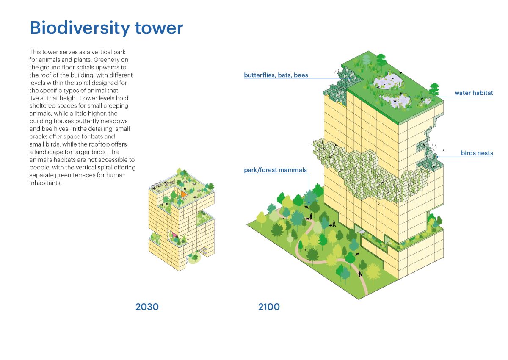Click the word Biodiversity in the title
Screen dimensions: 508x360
80,28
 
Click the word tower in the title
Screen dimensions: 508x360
159,28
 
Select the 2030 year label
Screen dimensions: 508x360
147,307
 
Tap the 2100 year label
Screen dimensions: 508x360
269,307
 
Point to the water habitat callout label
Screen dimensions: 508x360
474,93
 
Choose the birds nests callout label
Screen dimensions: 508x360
477,153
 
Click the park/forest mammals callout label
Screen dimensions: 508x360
275,170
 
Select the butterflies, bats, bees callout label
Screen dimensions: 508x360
276,75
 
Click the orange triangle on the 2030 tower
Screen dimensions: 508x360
183,194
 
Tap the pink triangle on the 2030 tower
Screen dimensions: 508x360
174,235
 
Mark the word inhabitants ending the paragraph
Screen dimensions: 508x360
46,183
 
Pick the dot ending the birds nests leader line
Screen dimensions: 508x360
437,157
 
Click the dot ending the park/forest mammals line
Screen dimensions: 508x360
309,202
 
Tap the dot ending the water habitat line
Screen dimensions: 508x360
410,97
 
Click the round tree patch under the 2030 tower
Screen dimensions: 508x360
194,258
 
